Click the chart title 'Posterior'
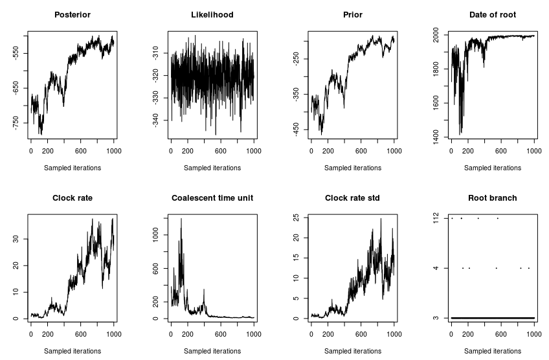[x=72, y=15]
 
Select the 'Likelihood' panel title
[x=212, y=15]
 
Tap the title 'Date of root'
[x=492, y=15]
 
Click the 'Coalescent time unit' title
[x=212, y=197]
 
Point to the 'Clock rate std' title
[x=352, y=197]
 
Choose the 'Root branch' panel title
[x=492, y=197]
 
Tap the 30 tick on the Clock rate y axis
[x=16, y=239]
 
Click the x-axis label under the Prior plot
[x=352, y=168]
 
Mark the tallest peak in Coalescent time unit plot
[x=181, y=219]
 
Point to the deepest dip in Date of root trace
[x=460, y=134]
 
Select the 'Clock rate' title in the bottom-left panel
[x=72, y=197]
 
